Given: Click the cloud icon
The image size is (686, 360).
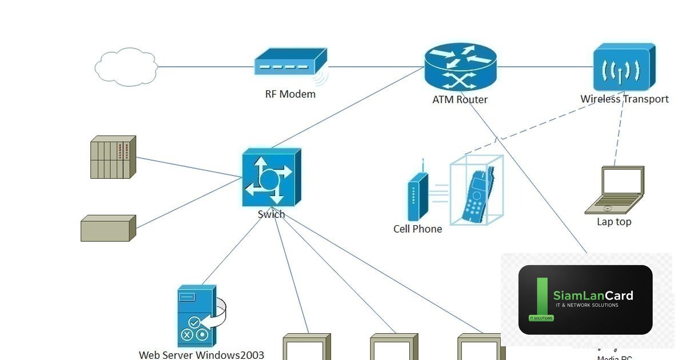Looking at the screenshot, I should pos(126,67).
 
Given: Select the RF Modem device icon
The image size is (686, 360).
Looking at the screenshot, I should pos(290,62).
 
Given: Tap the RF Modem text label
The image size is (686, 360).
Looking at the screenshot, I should pos(290,94).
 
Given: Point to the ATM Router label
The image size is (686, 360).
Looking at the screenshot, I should pos(460,99).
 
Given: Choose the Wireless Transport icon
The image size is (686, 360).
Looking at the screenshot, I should pos(623,67).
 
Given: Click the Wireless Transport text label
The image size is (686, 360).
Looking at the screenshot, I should pos(624,99).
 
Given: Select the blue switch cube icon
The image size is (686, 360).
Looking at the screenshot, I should pos(271,178).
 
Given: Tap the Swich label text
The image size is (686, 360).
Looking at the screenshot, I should pos(271,215).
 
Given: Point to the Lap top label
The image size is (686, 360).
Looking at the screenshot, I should pos(614,222).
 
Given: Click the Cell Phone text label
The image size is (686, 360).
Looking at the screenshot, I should pos(417,229).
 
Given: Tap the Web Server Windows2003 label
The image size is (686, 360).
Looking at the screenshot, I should pos(201,355).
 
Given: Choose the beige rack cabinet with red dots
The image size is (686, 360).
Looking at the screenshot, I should pos(113,157).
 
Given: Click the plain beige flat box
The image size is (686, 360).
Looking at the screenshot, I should pos(108,228).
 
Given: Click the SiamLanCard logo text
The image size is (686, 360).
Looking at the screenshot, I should pos(593,295).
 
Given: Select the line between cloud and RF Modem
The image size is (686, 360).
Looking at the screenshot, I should pos(206,67).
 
